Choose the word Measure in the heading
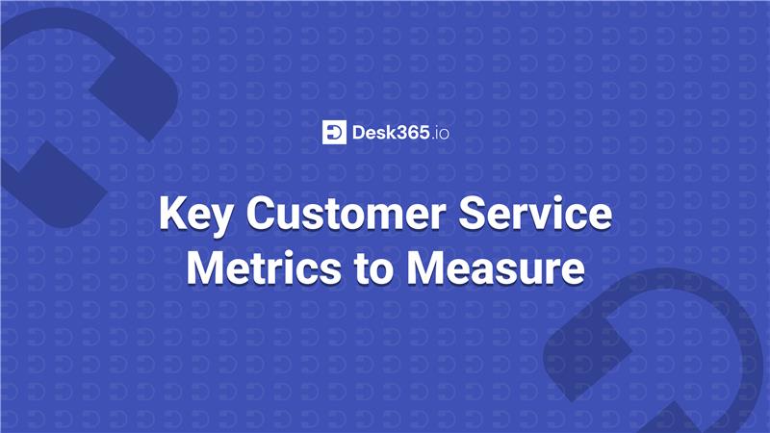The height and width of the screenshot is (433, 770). pos(498,267)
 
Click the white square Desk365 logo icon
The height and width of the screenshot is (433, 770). pos(334,132)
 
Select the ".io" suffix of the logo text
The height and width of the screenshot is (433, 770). pos(439,132)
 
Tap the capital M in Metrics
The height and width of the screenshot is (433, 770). pos(207,267)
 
